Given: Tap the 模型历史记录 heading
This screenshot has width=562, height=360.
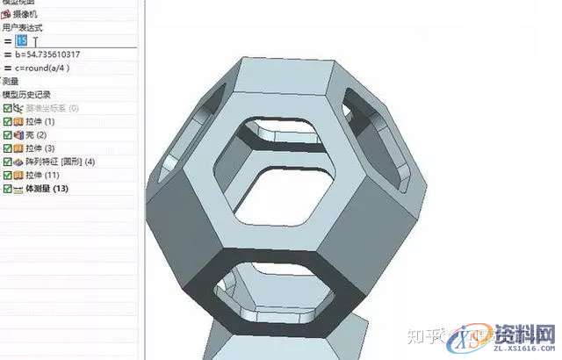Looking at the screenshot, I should point(26,94).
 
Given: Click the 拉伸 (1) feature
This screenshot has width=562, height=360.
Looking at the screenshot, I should point(43,121).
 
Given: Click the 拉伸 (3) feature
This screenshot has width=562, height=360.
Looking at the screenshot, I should point(43,148).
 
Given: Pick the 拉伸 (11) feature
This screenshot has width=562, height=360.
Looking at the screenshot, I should point(45,176).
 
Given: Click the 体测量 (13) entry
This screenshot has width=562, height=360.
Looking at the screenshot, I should point(47,189).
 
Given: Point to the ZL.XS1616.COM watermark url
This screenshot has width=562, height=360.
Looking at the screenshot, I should point(518,349).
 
